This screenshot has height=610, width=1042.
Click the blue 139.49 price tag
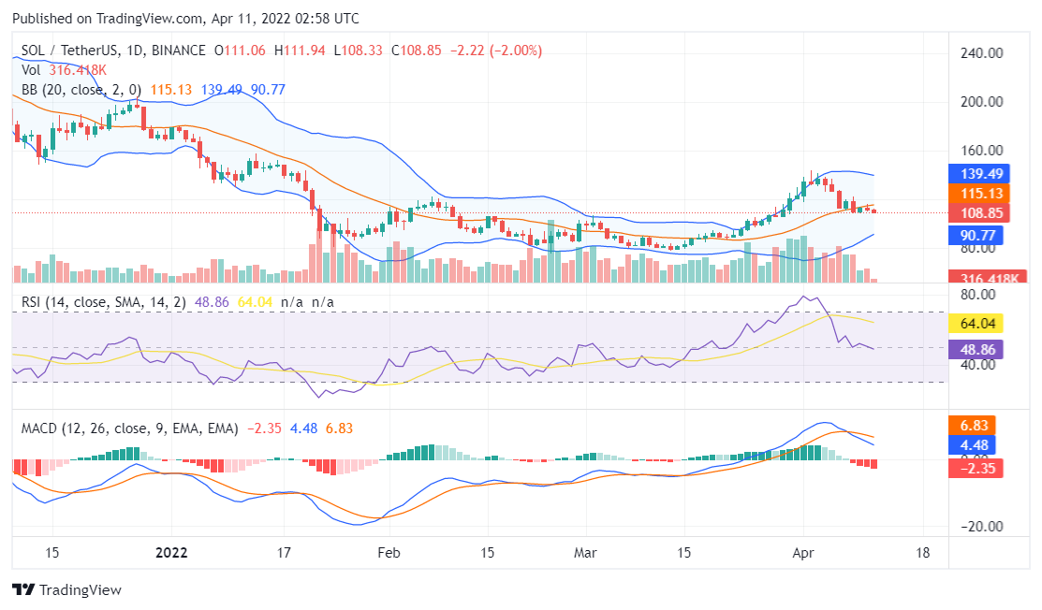(x=976, y=174)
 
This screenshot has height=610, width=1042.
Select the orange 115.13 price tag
(x=976, y=194)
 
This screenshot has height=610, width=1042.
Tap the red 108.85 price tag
(x=976, y=212)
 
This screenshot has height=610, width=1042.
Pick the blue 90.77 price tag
(x=976, y=236)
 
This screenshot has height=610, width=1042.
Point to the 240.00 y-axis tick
(x=981, y=53)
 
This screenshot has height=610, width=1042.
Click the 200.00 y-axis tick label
(x=981, y=102)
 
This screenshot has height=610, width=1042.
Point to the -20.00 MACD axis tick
(x=981, y=527)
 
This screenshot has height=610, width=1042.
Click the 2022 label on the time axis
(x=171, y=552)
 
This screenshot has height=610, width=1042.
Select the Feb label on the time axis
(x=389, y=552)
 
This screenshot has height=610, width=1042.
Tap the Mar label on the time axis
(x=586, y=552)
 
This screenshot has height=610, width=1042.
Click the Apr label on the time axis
(x=803, y=552)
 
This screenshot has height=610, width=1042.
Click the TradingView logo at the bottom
(x=66, y=590)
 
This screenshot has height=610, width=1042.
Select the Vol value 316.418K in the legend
(x=77, y=70)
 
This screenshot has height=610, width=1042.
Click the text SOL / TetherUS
(x=66, y=51)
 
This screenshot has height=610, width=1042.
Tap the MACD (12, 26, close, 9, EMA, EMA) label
(x=130, y=428)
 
